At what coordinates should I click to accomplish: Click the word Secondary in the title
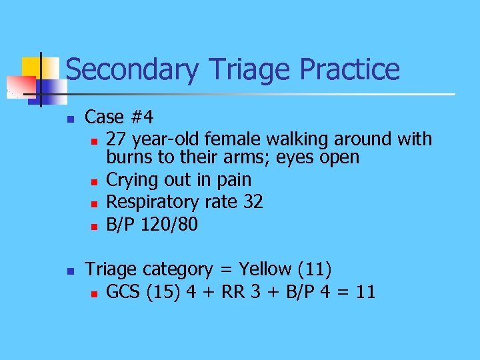(132, 69)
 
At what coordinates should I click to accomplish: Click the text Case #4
(119, 117)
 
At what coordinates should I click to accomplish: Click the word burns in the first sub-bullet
(130, 158)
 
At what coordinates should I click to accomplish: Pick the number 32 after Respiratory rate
(253, 202)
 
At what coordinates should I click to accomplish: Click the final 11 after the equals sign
(365, 291)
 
